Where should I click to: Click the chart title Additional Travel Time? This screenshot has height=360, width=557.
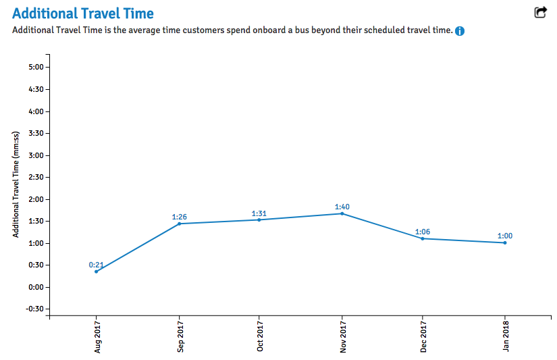pos(82,14)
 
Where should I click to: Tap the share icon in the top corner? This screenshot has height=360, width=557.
pos(540,12)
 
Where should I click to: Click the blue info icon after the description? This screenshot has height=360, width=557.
pos(460,31)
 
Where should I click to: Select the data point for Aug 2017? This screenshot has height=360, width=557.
pos(96,272)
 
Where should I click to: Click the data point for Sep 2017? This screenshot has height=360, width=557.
pos(179,224)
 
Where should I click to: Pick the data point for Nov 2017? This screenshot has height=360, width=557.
pos(342,213)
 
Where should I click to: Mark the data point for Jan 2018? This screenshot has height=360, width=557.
pos(505,242)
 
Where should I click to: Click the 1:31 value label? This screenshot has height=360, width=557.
pos(259,213)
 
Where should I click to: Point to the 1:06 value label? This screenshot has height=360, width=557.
pos(423,232)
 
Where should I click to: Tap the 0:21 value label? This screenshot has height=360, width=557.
pos(96,265)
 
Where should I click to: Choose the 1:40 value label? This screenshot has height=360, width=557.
pos(342,207)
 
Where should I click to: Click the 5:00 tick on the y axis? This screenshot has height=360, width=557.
pos(36,68)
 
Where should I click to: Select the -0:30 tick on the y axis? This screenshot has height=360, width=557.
pos(34,309)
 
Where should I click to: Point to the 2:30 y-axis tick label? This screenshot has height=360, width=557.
pos(36,178)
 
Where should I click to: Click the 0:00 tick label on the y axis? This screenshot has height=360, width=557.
pos(36,287)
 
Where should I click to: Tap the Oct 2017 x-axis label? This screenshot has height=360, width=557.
pos(260,336)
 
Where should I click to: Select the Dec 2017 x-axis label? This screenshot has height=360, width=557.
pos(423,336)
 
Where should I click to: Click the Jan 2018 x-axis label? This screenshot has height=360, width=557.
pos(506,336)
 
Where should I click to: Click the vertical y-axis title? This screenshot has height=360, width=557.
pos(16,184)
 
